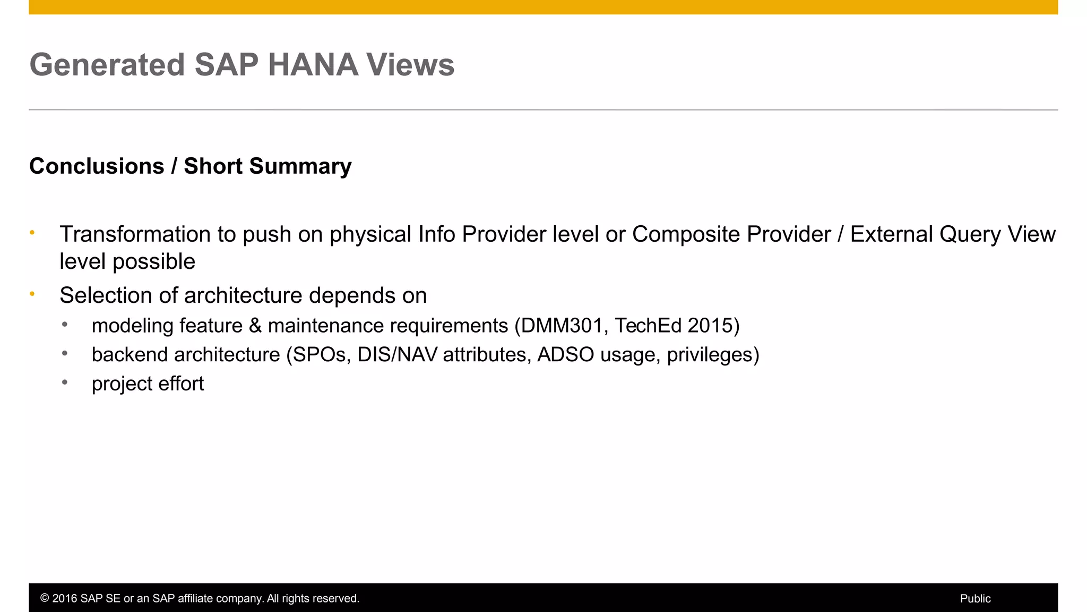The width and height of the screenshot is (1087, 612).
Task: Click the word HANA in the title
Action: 313,65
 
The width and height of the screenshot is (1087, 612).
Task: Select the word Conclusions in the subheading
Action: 97,166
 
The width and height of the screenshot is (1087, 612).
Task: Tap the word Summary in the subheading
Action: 300,166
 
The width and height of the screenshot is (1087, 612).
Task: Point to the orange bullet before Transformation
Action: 32,233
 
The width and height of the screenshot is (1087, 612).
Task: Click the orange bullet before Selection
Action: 32,294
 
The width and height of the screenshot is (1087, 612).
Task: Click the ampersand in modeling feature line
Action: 255,326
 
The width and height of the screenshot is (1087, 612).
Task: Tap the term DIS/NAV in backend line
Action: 397,355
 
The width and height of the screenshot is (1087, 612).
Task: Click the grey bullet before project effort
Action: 65,382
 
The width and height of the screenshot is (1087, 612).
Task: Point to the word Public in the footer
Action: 975,599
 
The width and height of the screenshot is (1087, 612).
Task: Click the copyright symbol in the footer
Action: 45,599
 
